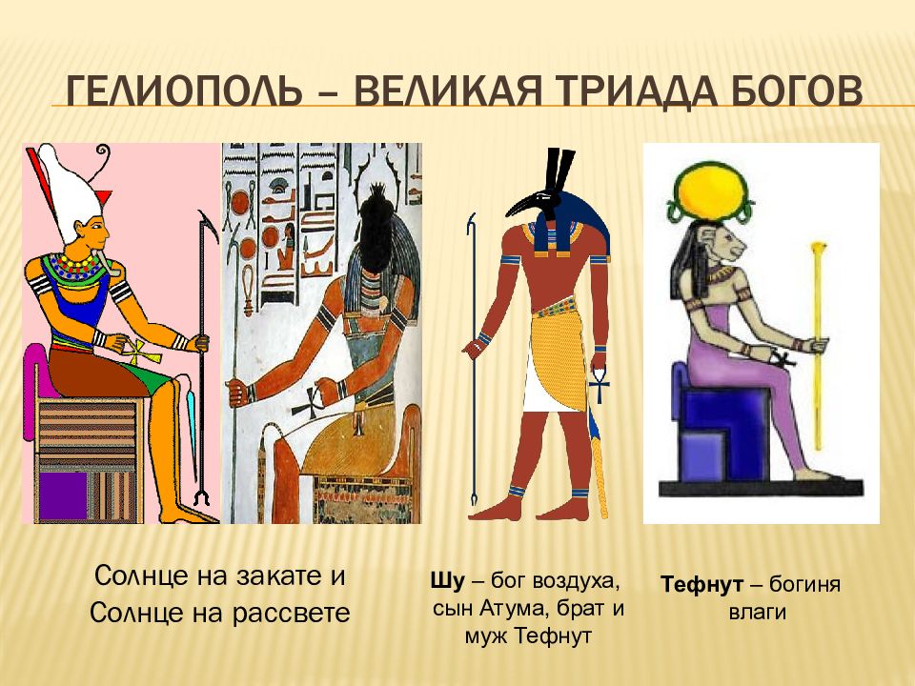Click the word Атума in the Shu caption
[512, 607]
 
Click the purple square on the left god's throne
[63, 494]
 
